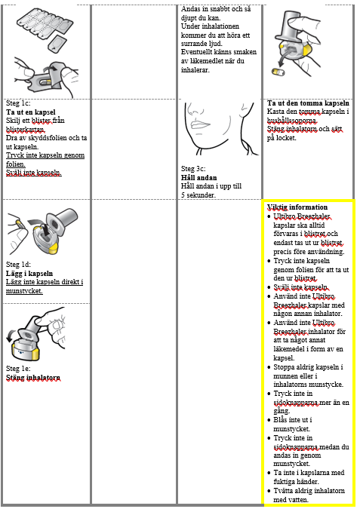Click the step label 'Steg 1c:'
click(18, 103)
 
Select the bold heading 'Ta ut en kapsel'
click(31, 112)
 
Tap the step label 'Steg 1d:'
click(18, 265)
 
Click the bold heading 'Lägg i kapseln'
click(29, 273)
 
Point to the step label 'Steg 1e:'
click(18, 369)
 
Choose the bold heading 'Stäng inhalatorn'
click(33, 378)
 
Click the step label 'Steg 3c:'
click(193, 169)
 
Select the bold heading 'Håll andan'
click(199, 178)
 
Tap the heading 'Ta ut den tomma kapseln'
click(308, 103)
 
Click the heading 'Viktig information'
click(297, 207)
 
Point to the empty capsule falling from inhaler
click(278, 72)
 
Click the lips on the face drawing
click(200, 124)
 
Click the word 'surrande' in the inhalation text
click(195, 44)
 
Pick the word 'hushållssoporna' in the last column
click(292, 121)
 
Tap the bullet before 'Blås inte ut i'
click(269, 420)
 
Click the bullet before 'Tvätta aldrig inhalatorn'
click(269, 491)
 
